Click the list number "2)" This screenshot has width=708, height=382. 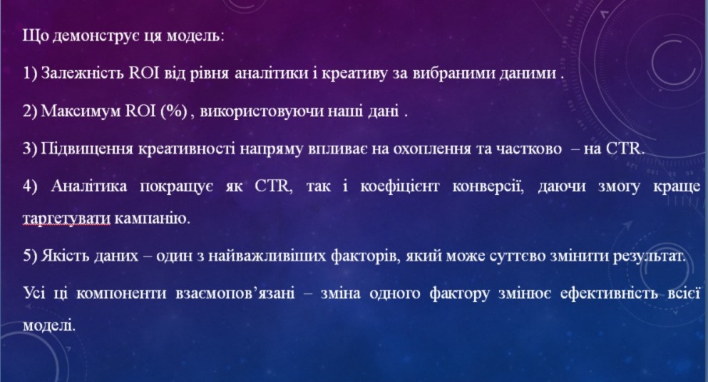coord(30,111)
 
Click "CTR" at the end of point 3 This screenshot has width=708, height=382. coord(624,149)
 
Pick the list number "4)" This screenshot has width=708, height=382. coord(30,186)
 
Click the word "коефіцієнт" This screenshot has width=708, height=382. coord(399,186)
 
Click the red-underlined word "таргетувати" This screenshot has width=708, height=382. coord(66,218)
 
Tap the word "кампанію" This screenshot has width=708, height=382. coord(152,218)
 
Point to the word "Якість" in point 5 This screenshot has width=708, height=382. coord(66,256)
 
